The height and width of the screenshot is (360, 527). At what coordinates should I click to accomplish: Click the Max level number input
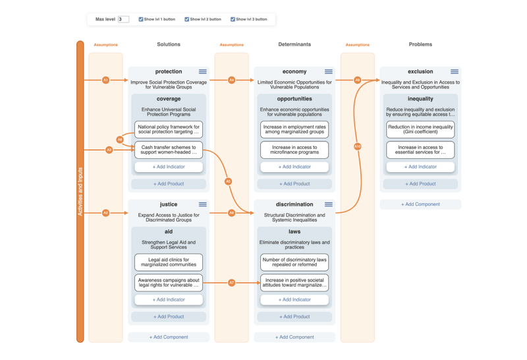123,20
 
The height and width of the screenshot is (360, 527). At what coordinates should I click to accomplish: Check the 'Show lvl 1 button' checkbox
141,20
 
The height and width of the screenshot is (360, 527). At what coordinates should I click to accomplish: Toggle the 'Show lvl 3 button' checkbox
233,20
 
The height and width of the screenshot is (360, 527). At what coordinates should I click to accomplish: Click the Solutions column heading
169,45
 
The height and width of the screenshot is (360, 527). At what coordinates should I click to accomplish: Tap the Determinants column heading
294,45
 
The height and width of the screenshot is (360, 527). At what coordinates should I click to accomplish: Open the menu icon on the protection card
202,72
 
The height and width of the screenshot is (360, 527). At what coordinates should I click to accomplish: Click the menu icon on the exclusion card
454,72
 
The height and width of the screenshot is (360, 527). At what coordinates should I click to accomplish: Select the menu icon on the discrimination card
328,204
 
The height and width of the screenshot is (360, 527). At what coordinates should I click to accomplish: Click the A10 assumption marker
358,146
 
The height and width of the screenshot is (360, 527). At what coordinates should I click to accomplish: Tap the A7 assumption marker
231,283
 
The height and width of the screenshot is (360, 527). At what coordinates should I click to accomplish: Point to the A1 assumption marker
105,80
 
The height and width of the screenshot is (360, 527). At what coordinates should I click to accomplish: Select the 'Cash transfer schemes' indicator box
169,150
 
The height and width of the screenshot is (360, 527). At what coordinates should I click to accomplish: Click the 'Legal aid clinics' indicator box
169,262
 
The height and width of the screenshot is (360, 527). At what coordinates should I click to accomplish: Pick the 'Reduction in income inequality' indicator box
420,129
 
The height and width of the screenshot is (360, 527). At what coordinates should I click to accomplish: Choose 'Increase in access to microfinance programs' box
294,150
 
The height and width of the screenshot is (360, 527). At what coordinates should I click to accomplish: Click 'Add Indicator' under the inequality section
420,167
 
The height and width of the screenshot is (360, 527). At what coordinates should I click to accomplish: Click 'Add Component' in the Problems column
420,204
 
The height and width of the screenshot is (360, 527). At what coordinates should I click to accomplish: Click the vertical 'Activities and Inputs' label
80,191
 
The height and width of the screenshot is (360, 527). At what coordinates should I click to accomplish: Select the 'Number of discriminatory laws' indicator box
294,262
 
